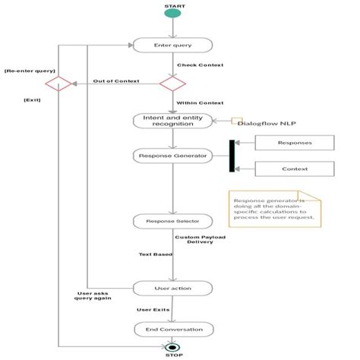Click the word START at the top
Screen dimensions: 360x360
tap(174, 6)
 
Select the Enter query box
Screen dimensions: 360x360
tap(173, 46)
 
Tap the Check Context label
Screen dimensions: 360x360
tap(201, 65)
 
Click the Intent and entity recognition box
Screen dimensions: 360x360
tap(173, 121)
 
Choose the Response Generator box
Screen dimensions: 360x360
tap(173, 156)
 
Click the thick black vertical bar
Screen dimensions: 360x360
tap(231, 156)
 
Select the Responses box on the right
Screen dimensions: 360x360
tap(294, 142)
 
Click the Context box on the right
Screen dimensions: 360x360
tap(294, 169)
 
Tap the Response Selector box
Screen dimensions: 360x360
tap(173, 221)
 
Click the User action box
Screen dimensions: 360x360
tap(173, 288)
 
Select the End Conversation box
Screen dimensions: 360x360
tap(173, 329)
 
